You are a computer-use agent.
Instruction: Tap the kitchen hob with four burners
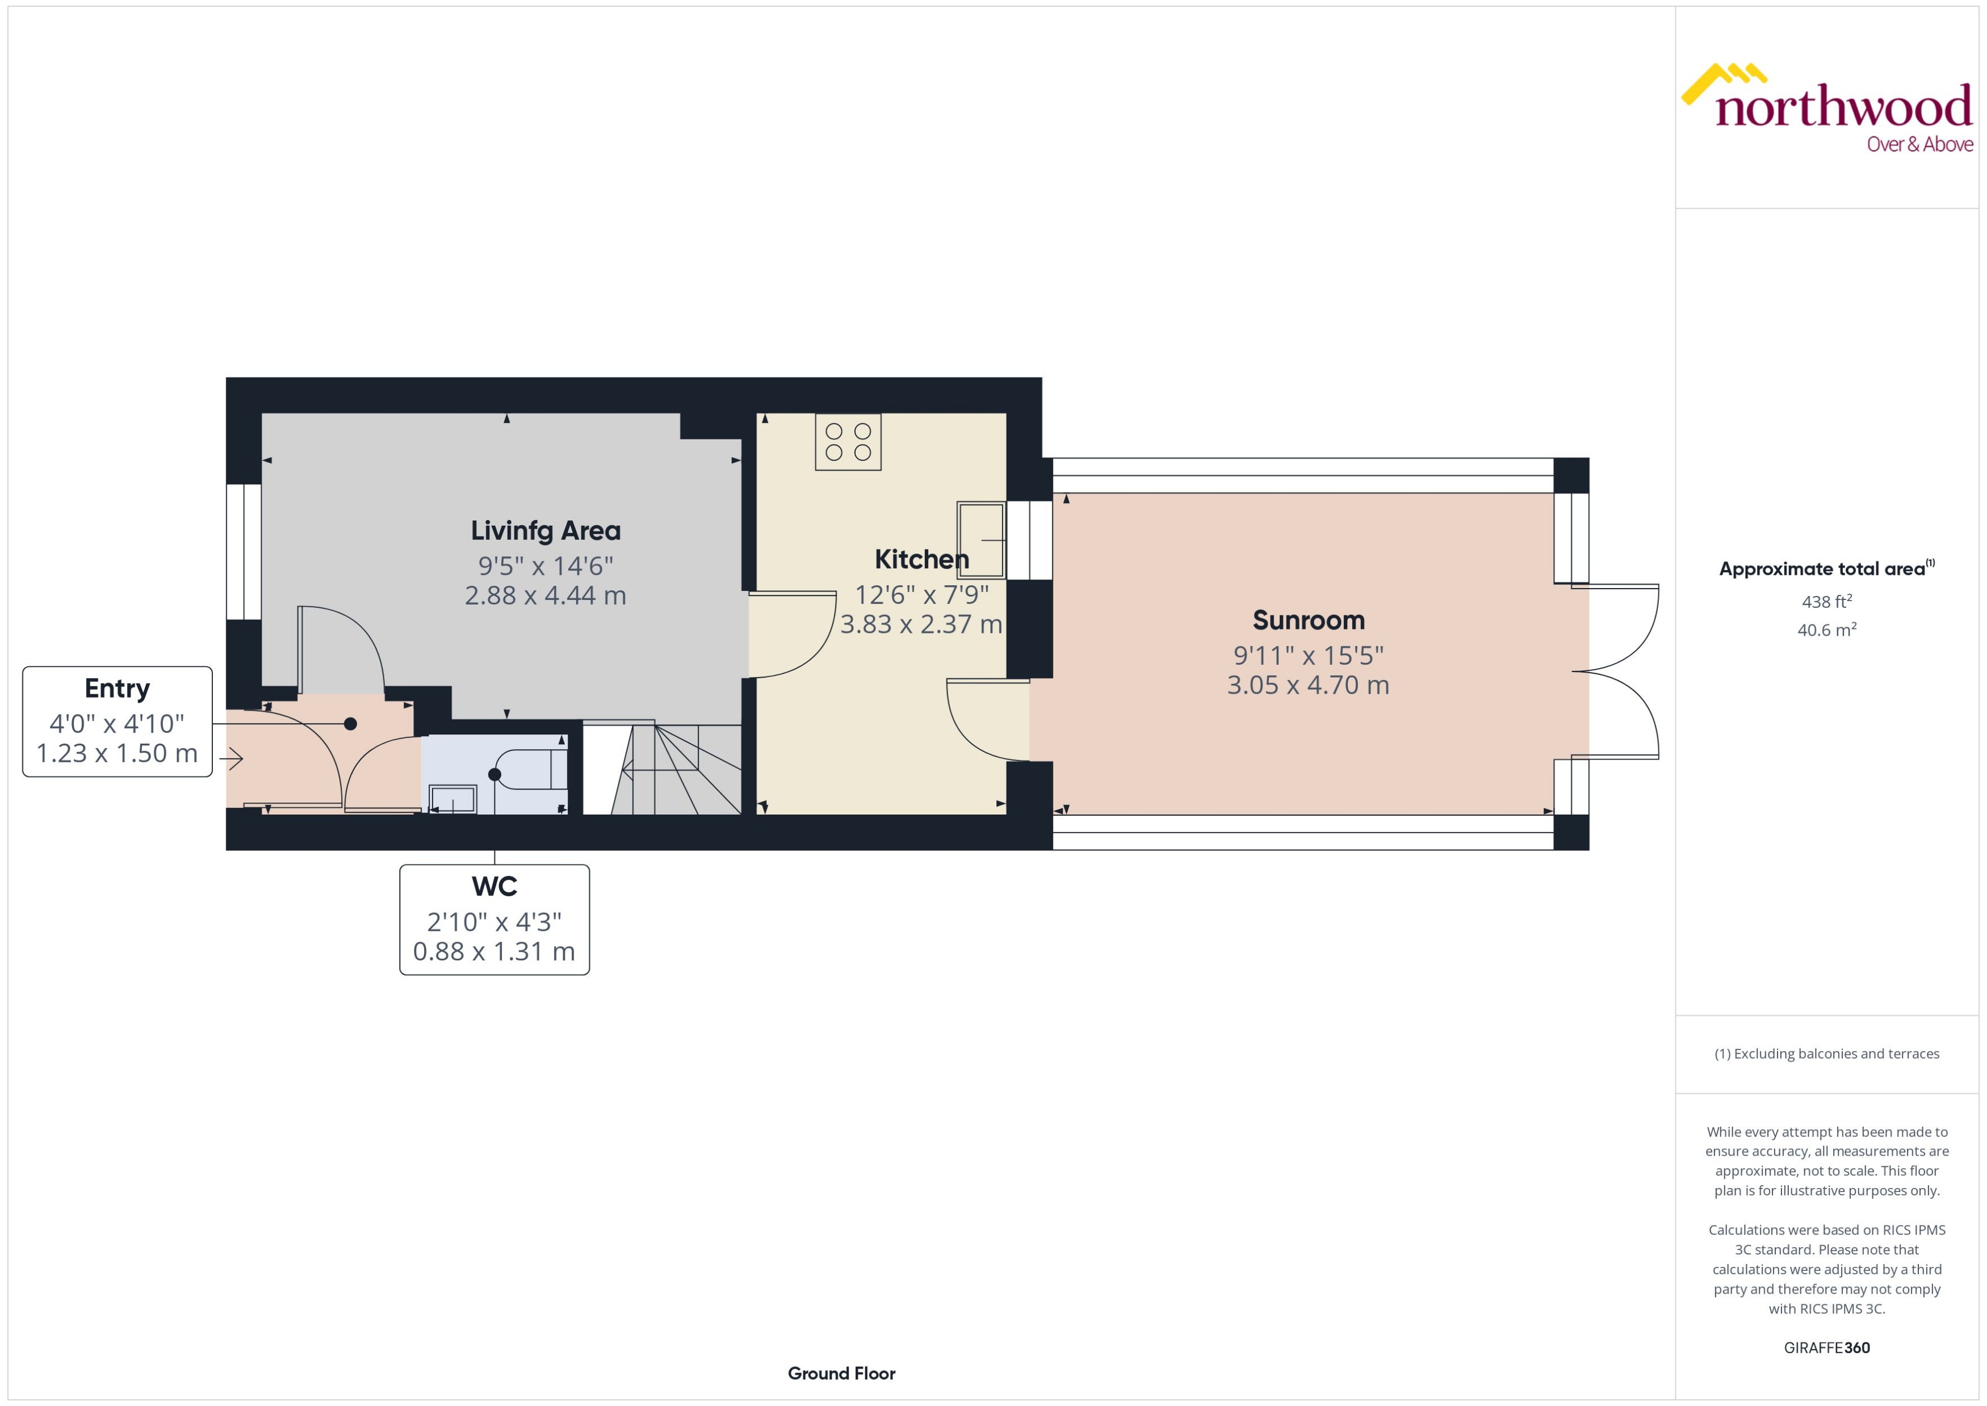click(x=848, y=442)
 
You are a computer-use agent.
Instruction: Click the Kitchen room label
click(x=921, y=559)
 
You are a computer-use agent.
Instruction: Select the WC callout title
click(x=494, y=887)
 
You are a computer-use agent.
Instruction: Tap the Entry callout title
click(x=117, y=689)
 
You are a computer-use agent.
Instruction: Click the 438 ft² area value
click(x=1827, y=601)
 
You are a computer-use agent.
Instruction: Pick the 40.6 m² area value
click(x=1827, y=629)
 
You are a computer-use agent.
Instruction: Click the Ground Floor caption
click(x=841, y=1373)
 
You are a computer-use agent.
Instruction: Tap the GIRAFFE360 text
click(x=1827, y=1347)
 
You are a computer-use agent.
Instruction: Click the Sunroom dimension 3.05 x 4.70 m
click(x=1307, y=685)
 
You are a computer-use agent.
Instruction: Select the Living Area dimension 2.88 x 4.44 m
click(x=546, y=595)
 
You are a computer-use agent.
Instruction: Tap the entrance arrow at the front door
click(x=231, y=759)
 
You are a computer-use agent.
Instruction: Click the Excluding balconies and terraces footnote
click(x=1827, y=1054)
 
